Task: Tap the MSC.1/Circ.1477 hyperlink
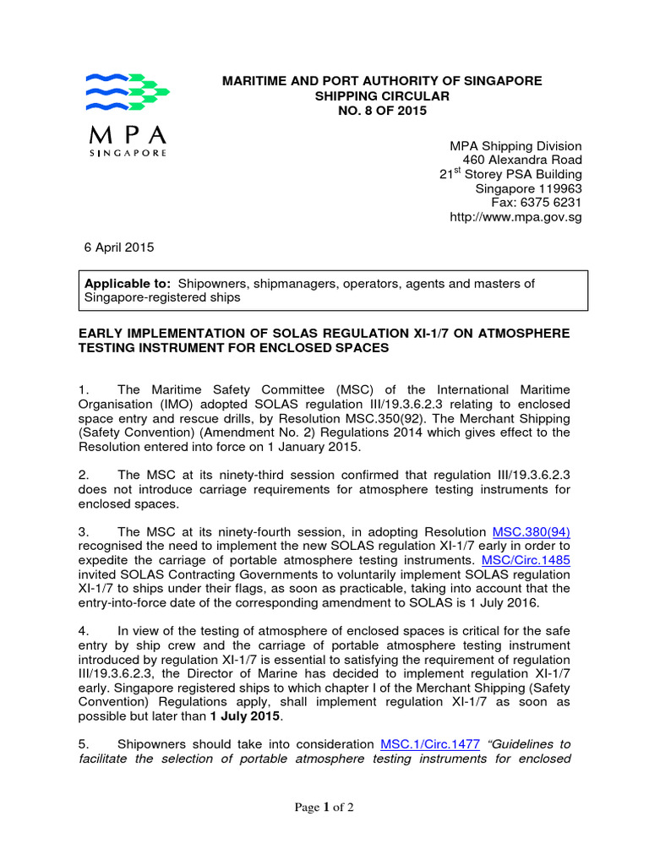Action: [x=430, y=743]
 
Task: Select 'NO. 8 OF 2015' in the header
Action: [x=382, y=111]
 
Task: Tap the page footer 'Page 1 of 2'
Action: [x=324, y=807]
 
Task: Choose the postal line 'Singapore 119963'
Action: [x=528, y=188]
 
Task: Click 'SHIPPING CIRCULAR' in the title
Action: [x=382, y=95]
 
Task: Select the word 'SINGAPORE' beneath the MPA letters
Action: [x=128, y=153]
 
